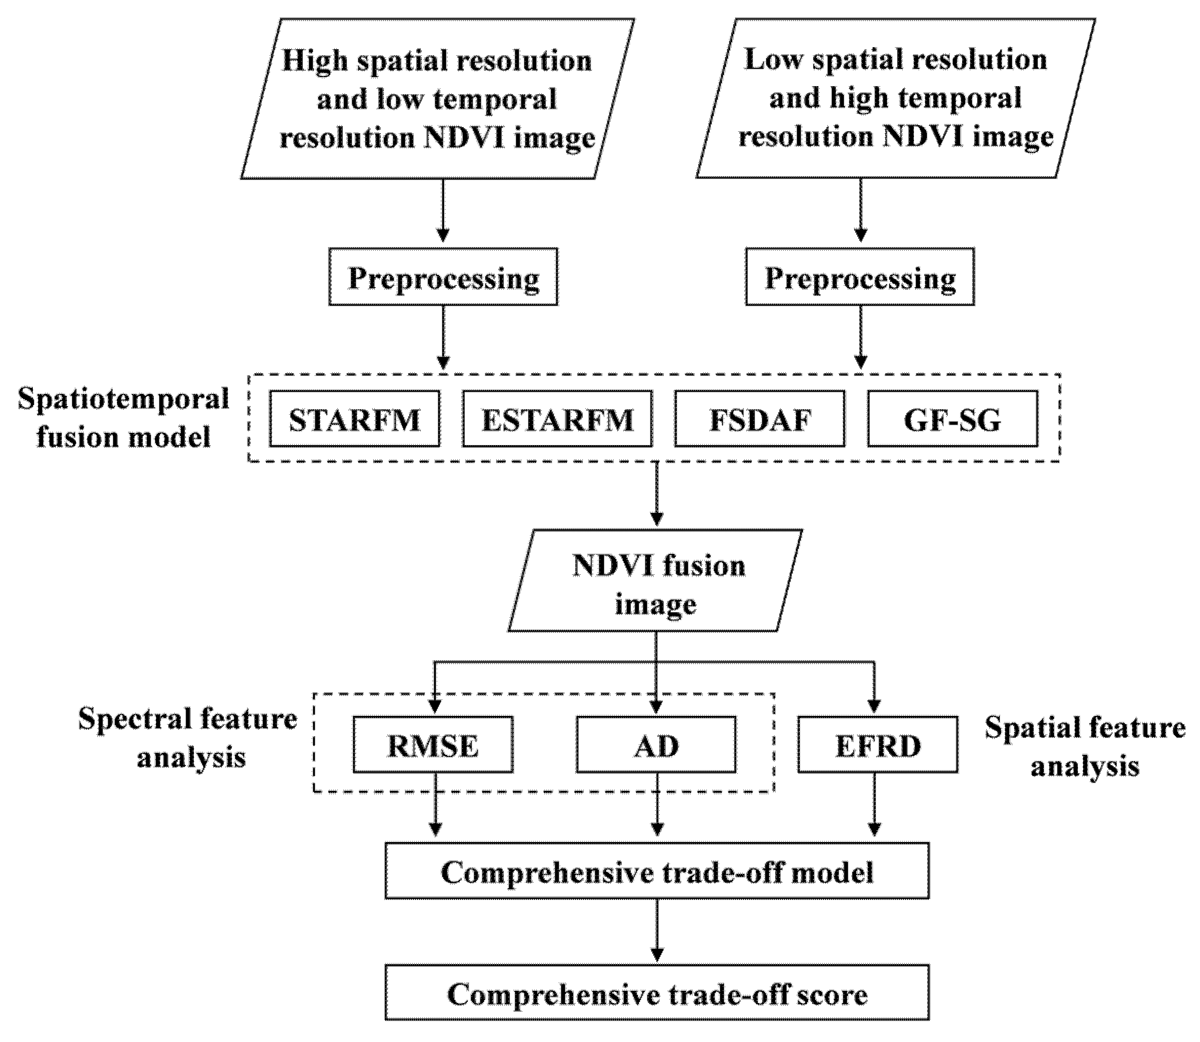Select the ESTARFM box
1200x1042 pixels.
tap(557, 418)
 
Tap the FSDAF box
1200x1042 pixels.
tap(759, 418)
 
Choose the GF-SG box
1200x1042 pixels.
tap(952, 418)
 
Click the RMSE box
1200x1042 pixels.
tap(433, 745)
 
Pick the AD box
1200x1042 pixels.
tap(656, 745)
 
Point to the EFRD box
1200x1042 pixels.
tap(878, 745)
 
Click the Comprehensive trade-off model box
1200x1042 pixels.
tap(657, 871)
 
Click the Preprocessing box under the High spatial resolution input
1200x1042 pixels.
tap(443, 277)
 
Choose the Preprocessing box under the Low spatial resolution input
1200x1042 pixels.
tap(860, 277)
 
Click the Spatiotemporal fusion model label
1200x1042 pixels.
tap(123, 417)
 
